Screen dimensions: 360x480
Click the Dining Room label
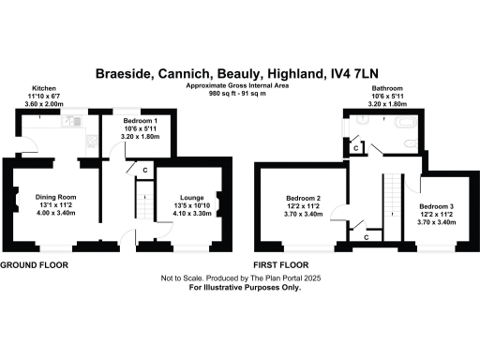pos(55,197)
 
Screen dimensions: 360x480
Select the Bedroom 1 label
pos(129,122)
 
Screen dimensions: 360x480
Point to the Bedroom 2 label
pos(304,198)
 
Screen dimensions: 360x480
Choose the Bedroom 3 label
pos(437,205)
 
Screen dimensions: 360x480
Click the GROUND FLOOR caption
pos(34,265)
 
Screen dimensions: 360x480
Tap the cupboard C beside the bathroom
pos(354,147)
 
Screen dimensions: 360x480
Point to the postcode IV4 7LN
pos(366,73)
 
